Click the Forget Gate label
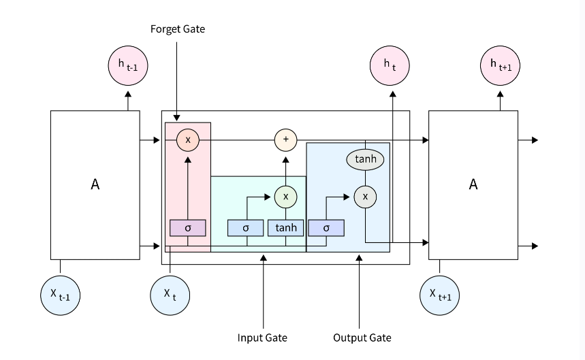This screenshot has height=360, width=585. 177,29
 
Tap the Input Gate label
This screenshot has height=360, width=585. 262,338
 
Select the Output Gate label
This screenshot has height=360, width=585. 362,338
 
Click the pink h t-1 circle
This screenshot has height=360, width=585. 128,66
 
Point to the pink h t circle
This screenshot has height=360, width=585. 390,66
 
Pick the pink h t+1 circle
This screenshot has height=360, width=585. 501,66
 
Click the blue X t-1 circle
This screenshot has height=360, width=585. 60,294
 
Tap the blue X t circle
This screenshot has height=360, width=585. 170,294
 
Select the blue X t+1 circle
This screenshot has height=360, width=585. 440,294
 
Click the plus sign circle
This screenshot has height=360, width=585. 286,140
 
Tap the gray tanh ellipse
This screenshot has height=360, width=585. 366,159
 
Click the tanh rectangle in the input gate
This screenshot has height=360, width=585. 286,227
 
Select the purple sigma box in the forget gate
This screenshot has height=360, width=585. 188,227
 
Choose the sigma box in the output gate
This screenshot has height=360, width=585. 326,227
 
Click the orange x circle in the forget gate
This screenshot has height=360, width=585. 188,140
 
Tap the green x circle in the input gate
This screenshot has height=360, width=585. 286,197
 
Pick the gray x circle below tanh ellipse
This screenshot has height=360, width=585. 366,197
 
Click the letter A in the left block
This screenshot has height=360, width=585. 95,184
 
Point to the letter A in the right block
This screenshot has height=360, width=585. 473,184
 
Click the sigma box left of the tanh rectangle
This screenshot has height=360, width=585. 246,227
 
